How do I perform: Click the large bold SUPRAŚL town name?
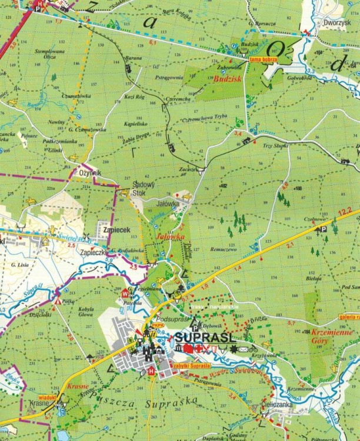tap(205, 338)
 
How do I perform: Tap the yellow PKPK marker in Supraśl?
tap(158, 324)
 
